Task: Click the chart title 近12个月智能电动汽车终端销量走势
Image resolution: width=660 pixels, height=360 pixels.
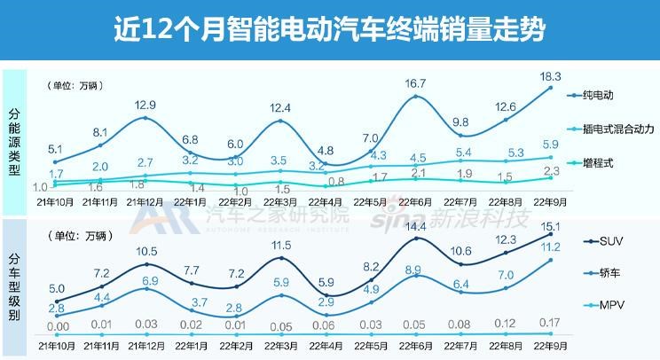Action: [x=330, y=30]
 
